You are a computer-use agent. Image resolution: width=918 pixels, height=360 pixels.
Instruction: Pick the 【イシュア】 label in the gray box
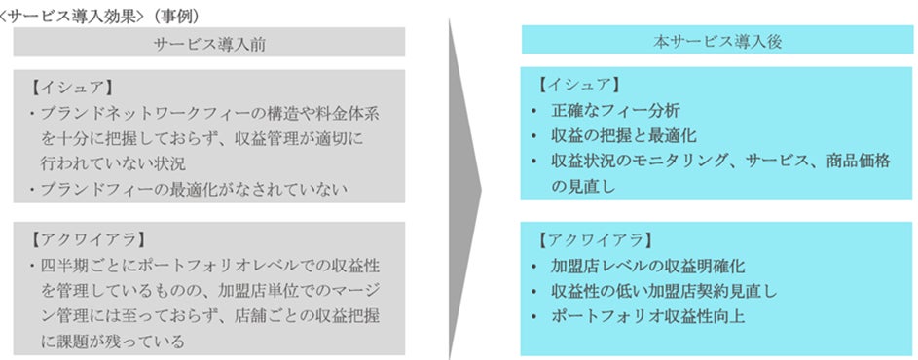point(70,87)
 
